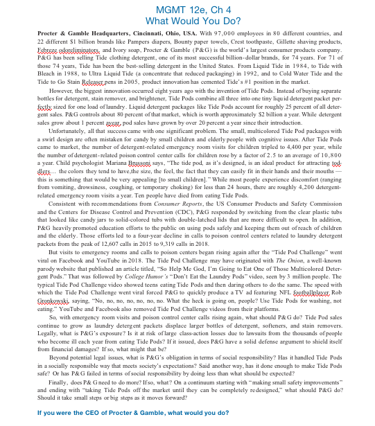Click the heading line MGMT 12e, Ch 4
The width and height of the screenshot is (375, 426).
click(187, 10)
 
